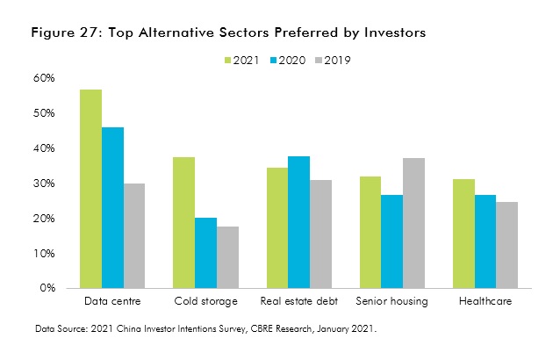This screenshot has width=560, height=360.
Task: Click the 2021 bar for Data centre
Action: (x=90, y=189)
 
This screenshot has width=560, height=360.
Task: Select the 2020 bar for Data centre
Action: (x=112, y=208)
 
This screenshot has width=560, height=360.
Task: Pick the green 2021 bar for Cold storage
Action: (x=183, y=222)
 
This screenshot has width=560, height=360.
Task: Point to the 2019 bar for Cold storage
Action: (x=227, y=257)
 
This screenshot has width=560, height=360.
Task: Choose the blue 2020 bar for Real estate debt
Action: (x=298, y=222)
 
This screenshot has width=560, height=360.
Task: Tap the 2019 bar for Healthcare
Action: (x=507, y=245)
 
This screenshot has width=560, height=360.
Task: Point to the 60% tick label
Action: (x=44, y=78)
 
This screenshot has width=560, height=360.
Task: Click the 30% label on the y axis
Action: (x=44, y=184)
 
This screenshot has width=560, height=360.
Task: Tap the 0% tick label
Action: (x=47, y=288)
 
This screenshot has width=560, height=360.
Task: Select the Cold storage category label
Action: (x=205, y=302)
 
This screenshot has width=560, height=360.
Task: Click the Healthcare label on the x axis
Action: (x=485, y=302)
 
